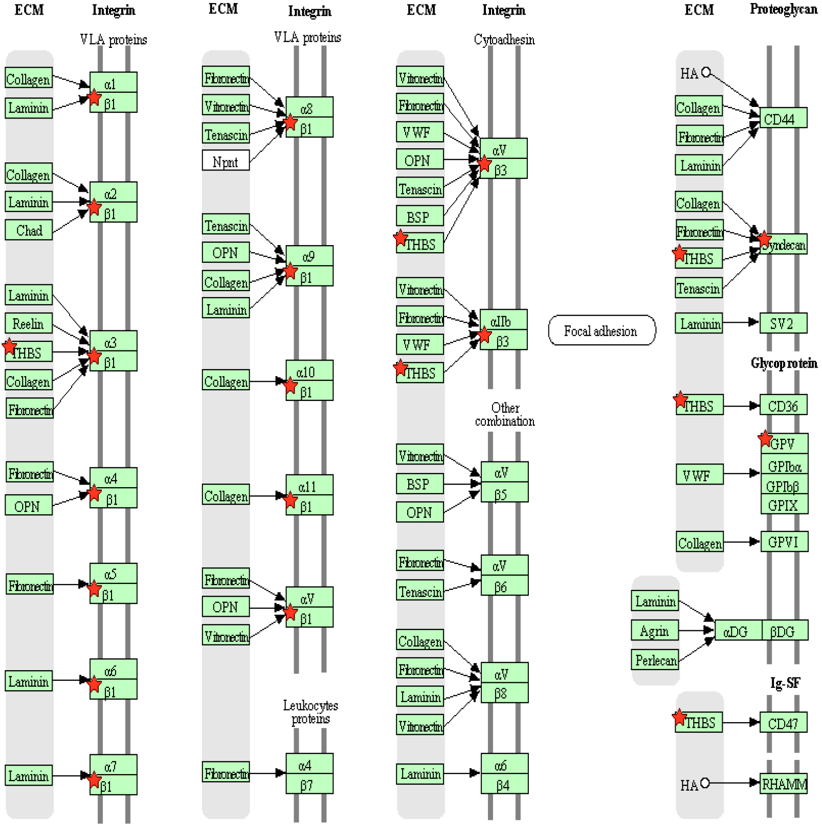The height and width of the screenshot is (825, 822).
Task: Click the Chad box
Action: [29, 230]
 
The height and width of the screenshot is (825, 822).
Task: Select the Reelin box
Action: [29, 324]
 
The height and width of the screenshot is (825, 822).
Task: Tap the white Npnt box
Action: [226, 161]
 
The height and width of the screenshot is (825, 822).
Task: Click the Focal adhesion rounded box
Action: [601, 331]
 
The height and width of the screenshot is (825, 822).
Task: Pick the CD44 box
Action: [783, 119]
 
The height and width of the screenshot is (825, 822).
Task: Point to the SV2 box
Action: [783, 324]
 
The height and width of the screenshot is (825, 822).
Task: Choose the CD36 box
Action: [783, 405]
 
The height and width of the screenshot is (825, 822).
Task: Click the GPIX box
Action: [784, 505]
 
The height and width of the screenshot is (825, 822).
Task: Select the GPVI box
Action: [784, 542]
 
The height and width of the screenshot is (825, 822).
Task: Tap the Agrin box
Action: [654, 631]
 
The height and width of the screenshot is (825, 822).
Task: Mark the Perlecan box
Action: [655, 660]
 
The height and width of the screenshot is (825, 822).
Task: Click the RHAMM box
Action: [784, 784]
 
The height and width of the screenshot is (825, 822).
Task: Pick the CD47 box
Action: [783, 723]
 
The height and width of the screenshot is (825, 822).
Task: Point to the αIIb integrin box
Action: [503, 321]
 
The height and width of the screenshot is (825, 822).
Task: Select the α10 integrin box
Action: [309, 372]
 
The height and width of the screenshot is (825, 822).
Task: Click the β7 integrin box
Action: [309, 785]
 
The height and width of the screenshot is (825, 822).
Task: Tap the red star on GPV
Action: [765, 438]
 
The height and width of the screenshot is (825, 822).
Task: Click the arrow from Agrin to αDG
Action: [696, 630]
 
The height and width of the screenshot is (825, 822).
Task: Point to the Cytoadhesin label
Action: [504, 39]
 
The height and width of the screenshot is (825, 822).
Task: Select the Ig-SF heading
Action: [785, 683]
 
